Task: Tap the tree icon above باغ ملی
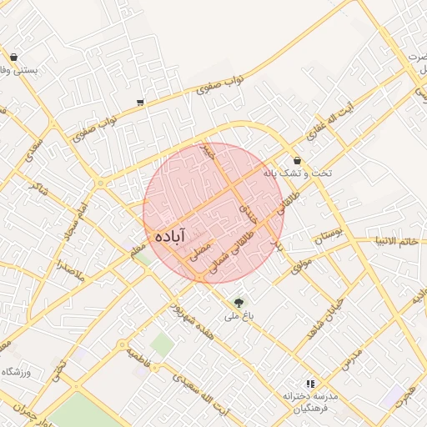(x=239, y=302)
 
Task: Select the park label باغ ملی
(x=235, y=317)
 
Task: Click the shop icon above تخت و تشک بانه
(x=298, y=160)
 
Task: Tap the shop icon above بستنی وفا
(x=14, y=58)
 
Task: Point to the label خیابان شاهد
(x=323, y=319)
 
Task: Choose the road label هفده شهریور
(x=184, y=315)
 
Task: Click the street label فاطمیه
(x=141, y=359)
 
